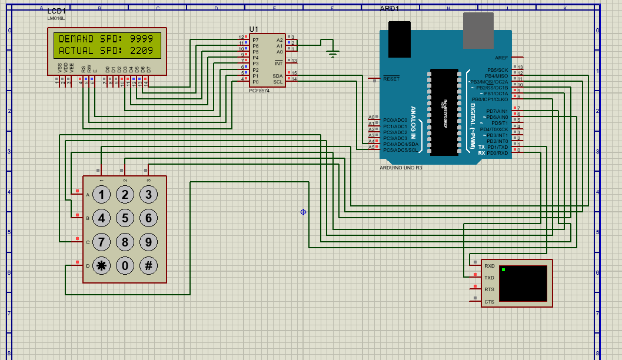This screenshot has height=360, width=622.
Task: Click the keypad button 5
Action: [x=125, y=218]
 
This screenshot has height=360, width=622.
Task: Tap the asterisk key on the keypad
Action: [x=101, y=266]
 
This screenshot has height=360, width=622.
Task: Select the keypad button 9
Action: [x=148, y=242]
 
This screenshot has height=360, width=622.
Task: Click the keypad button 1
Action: [x=101, y=195]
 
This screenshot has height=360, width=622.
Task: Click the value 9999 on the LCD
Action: [x=142, y=39]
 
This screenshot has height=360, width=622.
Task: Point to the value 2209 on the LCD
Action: [x=142, y=51]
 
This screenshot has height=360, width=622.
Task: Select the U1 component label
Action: [x=254, y=29]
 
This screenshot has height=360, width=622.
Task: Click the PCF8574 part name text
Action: [x=259, y=91]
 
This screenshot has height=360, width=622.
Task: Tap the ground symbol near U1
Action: [x=333, y=54]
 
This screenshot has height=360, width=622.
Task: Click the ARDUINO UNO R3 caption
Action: [x=401, y=168]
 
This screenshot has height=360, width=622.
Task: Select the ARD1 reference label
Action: [x=390, y=9]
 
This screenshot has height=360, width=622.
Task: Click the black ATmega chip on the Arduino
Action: [x=444, y=112]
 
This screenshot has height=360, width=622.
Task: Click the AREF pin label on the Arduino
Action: [x=501, y=58]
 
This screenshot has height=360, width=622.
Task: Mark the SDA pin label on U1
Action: [x=277, y=76]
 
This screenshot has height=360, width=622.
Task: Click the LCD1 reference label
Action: [x=56, y=12]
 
